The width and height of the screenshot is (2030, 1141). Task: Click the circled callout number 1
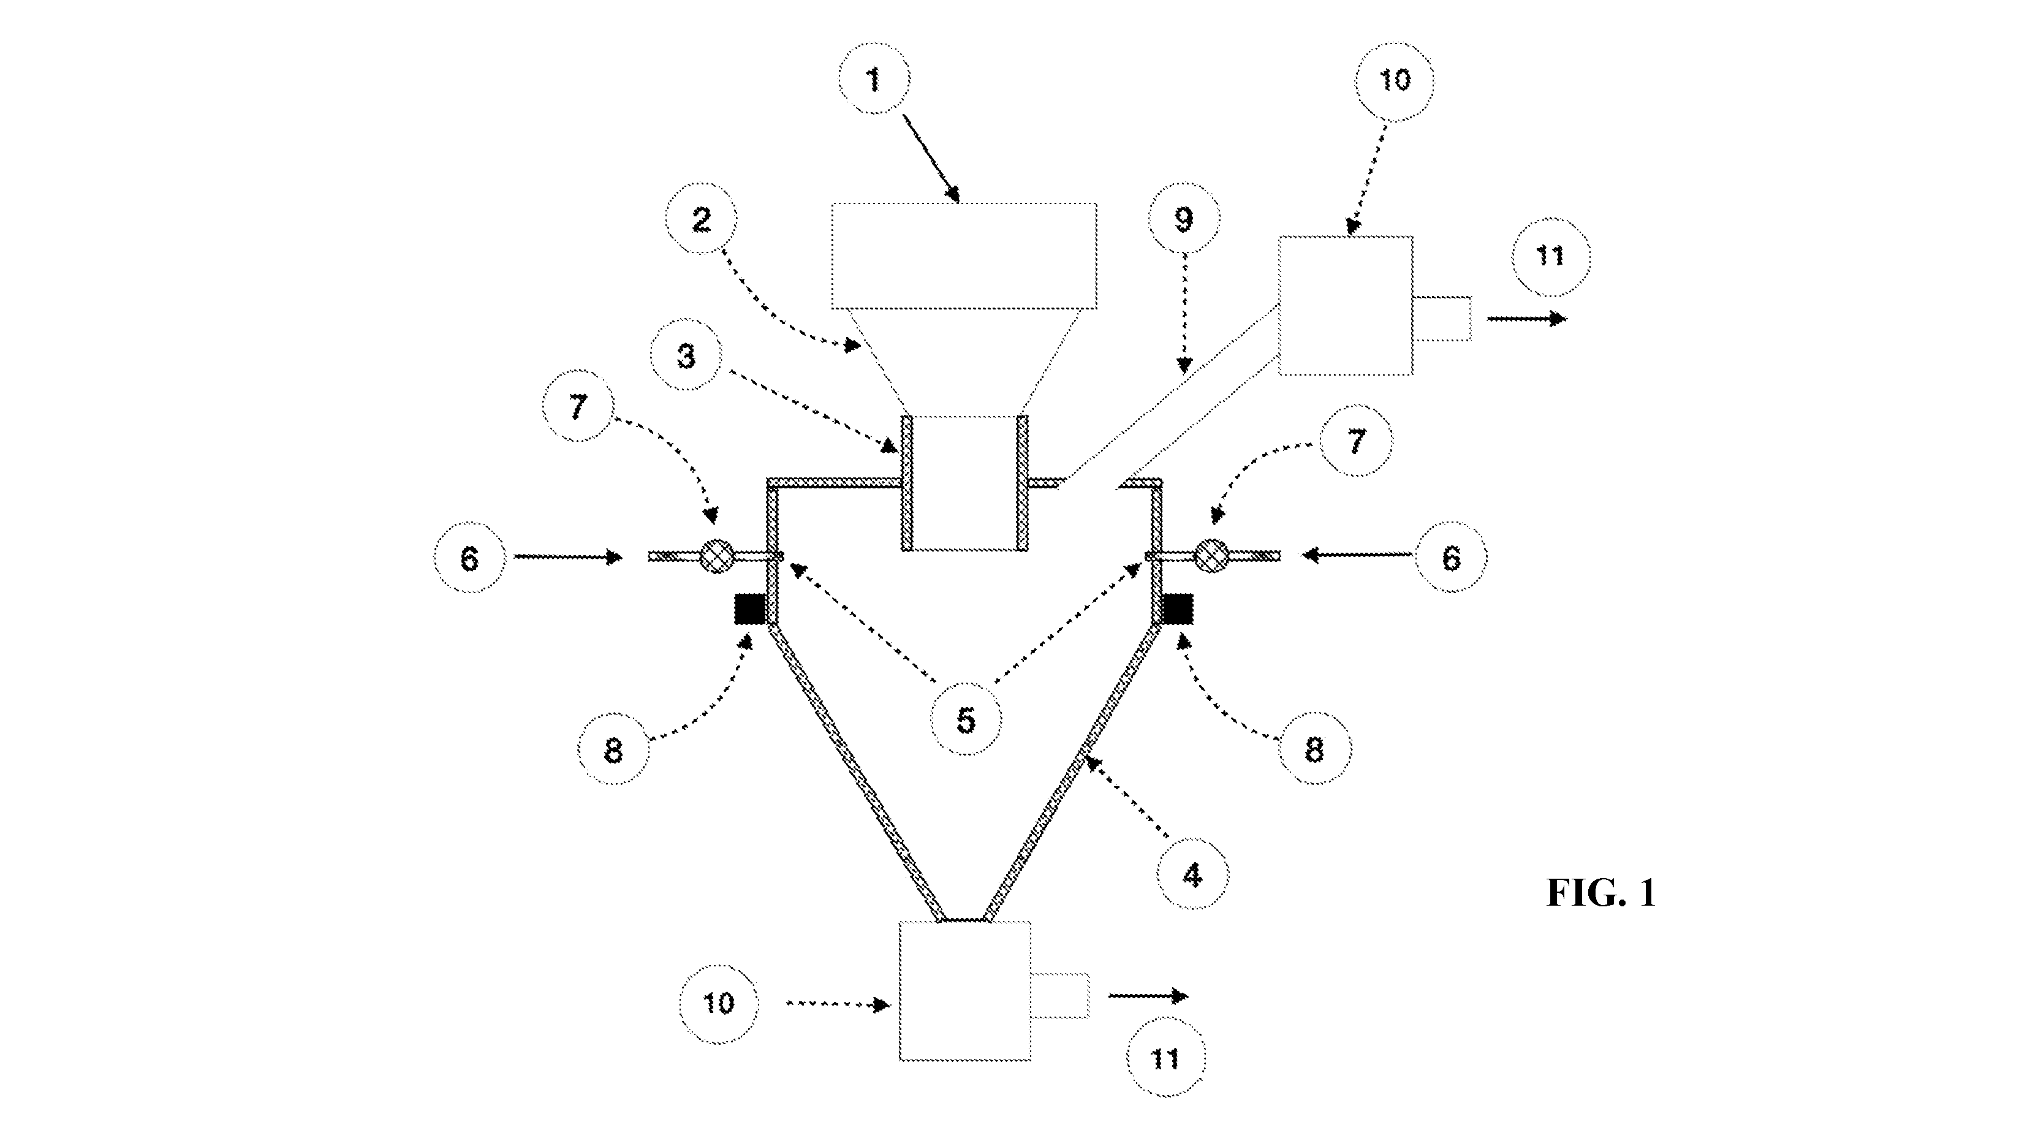pos(873,79)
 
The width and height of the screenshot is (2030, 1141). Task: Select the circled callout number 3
pos(686,356)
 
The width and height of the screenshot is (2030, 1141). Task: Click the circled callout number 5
pos(966,719)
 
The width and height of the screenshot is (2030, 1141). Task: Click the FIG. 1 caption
pos(1601,893)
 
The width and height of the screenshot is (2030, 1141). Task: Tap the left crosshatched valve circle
pos(716,556)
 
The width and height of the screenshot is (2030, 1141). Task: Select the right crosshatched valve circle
pos(1212,556)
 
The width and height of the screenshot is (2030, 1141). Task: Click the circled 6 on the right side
pos(1451,557)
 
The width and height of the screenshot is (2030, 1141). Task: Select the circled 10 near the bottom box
pos(718,1004)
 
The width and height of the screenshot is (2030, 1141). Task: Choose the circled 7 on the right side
pos(1355,440)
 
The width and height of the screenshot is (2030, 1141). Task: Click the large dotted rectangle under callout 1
pos(964,256)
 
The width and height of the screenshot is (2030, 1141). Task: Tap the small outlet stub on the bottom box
pos(1061,995)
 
